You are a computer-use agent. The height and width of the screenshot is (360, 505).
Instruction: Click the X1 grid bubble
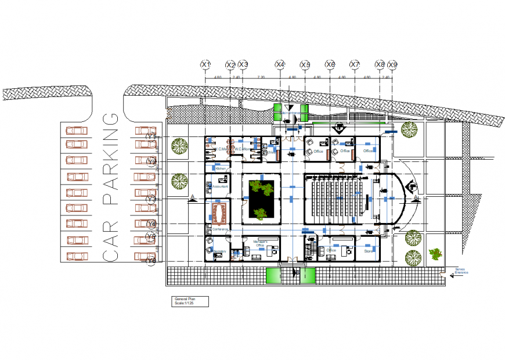point(205,64)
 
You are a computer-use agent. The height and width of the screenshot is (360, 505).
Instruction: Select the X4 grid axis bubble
point(280,64)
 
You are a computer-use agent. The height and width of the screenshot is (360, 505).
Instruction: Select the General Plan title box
point(190,301)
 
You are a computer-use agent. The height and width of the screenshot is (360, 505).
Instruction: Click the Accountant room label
point(220,188)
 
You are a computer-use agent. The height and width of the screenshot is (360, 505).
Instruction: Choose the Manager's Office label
point(264,244)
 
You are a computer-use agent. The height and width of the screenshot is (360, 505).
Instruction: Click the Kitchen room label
point(221,168)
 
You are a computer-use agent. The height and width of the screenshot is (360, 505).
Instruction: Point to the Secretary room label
point(219,251)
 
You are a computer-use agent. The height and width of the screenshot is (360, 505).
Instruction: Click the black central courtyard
point(261,200)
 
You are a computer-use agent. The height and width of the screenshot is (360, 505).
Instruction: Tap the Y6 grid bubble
point(152,261)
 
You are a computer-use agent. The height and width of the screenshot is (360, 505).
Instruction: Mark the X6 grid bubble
point(330,64)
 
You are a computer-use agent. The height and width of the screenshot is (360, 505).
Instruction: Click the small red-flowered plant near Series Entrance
point(435,253)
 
